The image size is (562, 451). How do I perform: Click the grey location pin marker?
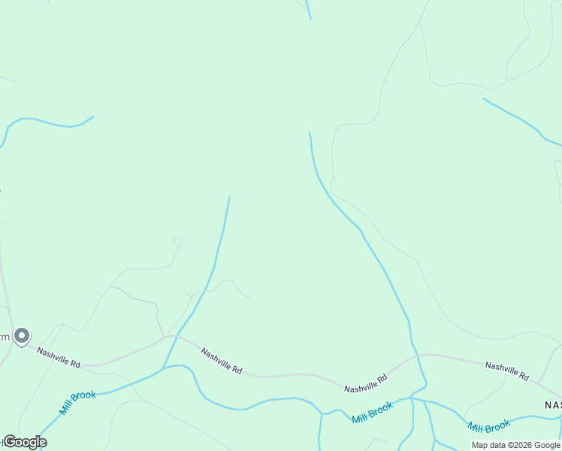[x=22, y=336]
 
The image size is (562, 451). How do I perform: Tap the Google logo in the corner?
[x=25, y=442]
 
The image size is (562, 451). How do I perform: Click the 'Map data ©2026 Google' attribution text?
[x=515, y=445]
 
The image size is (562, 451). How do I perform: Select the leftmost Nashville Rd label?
[x=59, y=357]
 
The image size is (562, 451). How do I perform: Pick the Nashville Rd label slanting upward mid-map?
[x=365, y=383]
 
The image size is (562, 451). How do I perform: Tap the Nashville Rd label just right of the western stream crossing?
[x=222, y=360]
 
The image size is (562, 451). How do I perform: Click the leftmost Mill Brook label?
[x=77, y=402]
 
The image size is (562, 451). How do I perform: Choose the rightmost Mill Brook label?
[x=489, y=426]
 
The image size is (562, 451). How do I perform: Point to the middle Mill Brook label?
[x=373, y=412]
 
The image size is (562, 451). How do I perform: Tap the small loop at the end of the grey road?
[x=177, y=242]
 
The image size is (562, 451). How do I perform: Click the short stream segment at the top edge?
[x=308, y=9]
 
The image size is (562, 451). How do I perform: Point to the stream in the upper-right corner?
[x=522, y=120]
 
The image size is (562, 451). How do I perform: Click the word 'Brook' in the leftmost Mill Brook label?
[x=85, y=396]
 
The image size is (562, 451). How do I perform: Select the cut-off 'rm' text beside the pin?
[x=5, y=337]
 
